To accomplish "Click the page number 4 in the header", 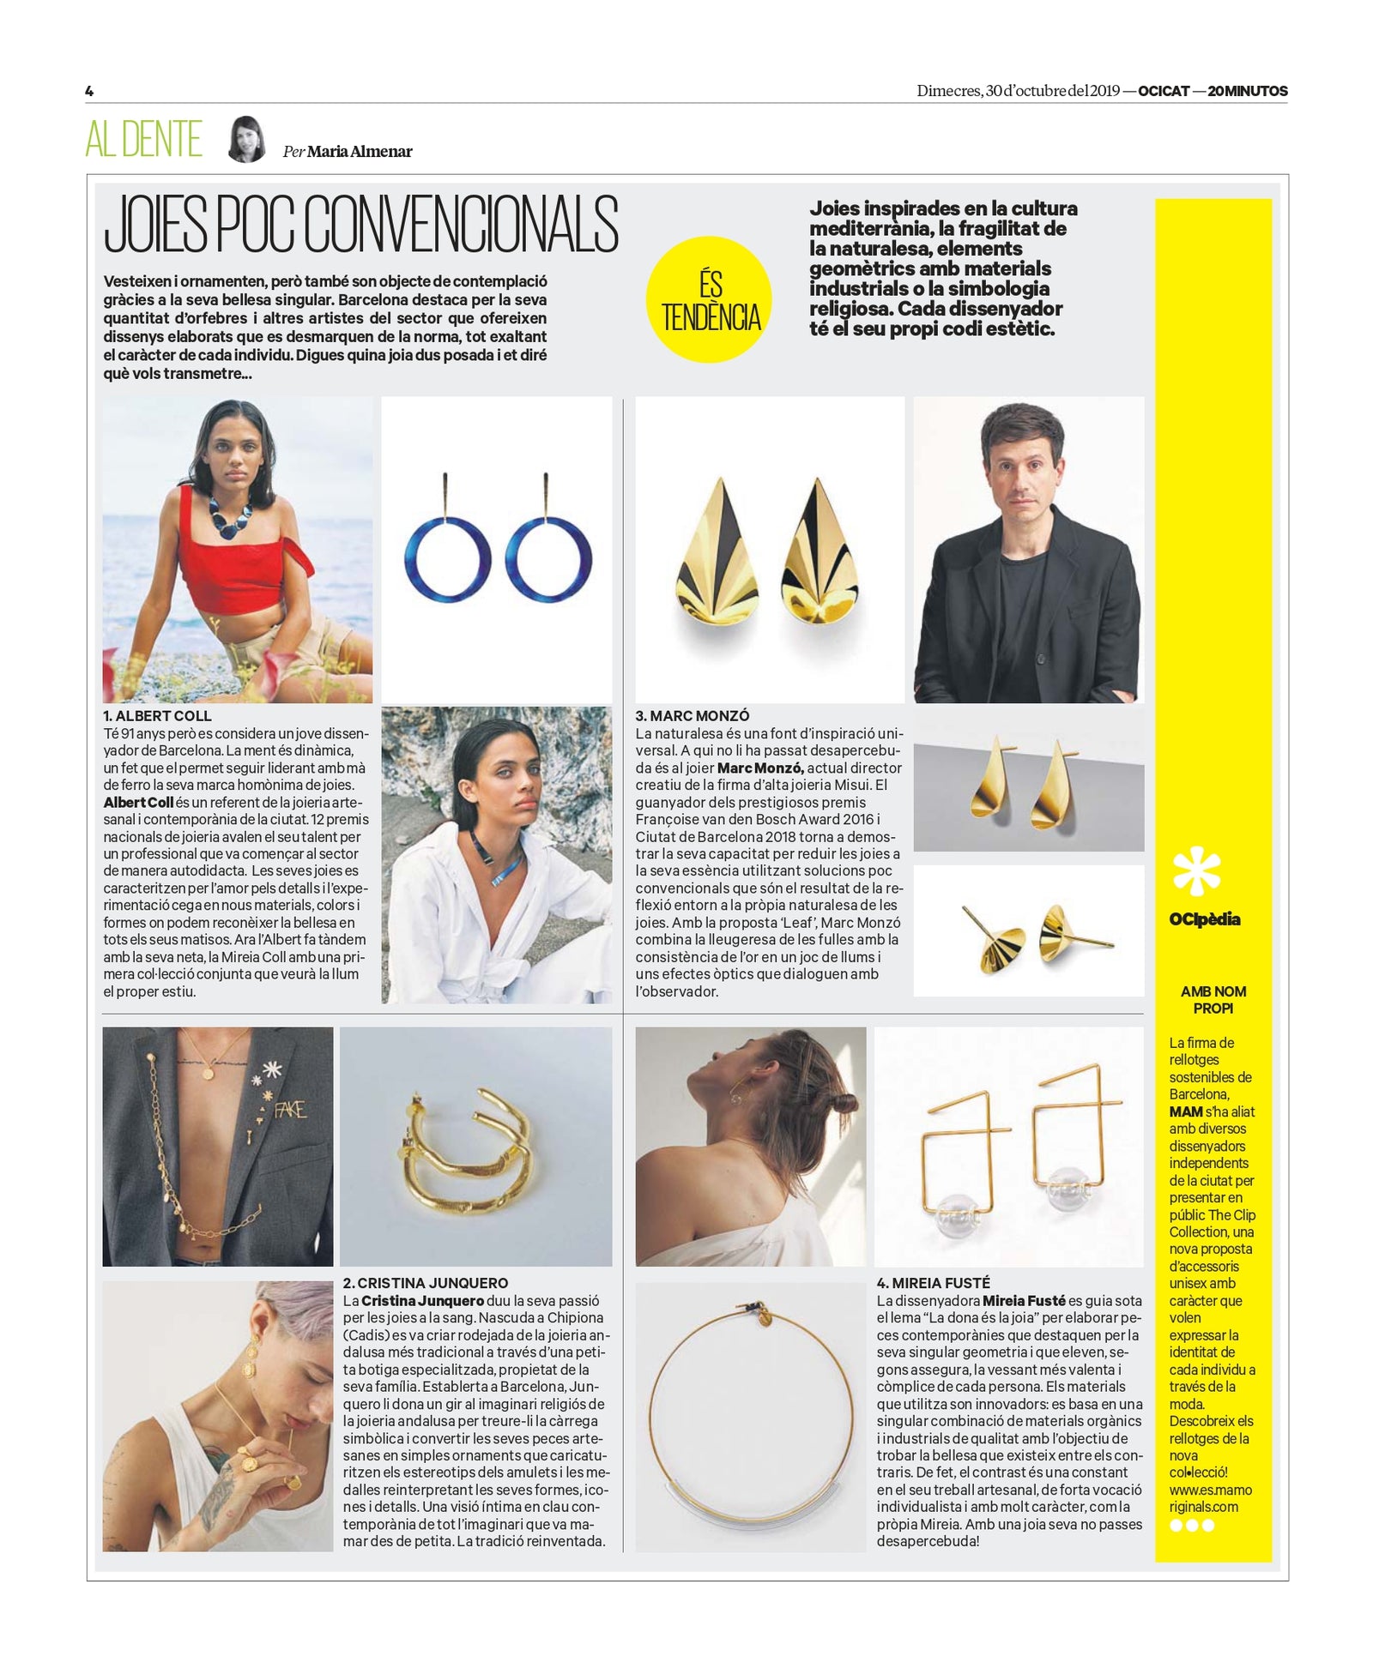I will click(x=89, y=91).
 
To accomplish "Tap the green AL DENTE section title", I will click(x=143, y=140).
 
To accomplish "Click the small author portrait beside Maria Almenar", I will click(x=246, y=139).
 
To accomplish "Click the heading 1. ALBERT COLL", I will click(x=157, y=715).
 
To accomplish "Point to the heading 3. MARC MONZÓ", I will click(x=692, y=715).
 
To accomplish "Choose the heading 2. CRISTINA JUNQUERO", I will click(x=425, y=1283).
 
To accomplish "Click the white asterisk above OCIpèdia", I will click(x=1196, y=870).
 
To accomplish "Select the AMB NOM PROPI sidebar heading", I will click(x=1213, y=1000).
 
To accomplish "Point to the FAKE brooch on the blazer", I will click(x=289, y=1111).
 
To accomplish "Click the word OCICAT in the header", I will click(x=1163, y=91).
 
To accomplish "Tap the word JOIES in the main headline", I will click(x=154, y=225).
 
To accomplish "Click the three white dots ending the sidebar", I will click(x=1192, y=1525).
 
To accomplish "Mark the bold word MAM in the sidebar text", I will click(x=1185, y=1111).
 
